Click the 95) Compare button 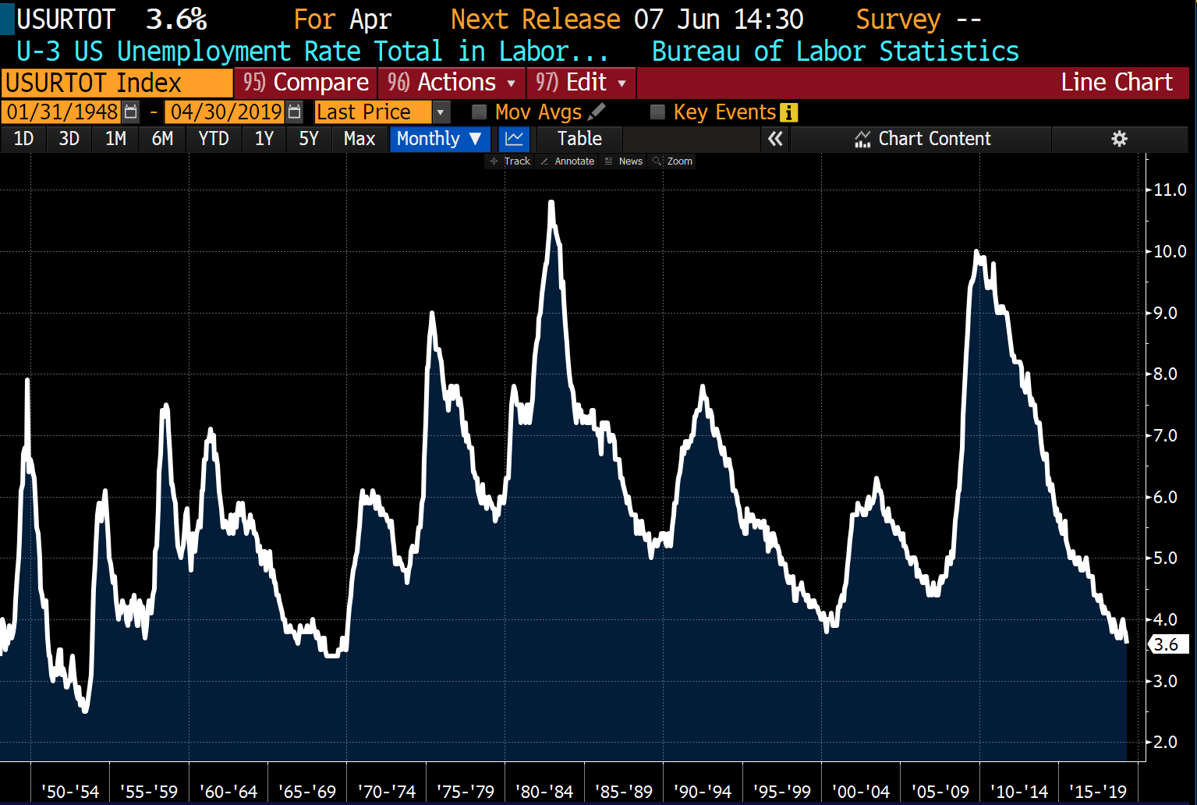tap(306, 83)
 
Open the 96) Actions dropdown tap(452, 83)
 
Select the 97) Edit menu tap(581, 83)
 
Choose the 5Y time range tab tap(309, 139)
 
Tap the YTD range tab tap(213, 139)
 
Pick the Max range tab tap(359, 139)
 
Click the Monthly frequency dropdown tap(438, 139)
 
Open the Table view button tap(579, 139)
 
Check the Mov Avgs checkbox tap(480, 112)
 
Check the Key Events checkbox tap(657, 112)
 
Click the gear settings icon tap(1119, 139)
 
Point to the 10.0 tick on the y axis tap(1170, 251)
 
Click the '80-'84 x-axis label tap(544, 792)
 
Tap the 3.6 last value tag tap(1167, 644)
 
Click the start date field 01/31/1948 tap(62, 112)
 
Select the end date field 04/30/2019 tap(226, 112)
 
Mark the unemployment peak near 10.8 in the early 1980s tap(551, 203)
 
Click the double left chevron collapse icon tap(775, 139)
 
